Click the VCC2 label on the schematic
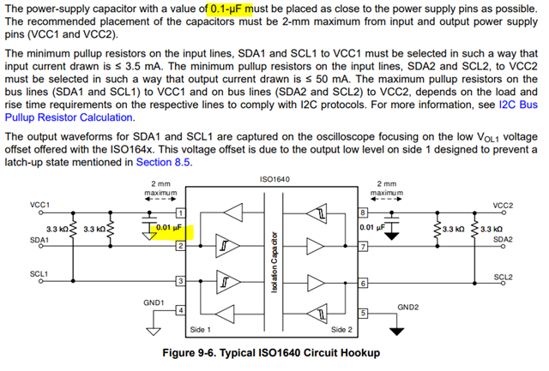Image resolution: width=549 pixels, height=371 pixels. [504, 206]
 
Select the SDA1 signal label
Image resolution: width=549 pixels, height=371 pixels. [39, 241]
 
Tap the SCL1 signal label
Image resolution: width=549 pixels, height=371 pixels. [39, 274]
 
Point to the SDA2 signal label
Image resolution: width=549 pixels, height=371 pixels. [504, 241]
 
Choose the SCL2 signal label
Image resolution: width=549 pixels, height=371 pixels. [504, 277]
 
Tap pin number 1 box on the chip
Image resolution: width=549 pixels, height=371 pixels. [180, 212]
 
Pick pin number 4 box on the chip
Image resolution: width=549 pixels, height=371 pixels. [180, 310]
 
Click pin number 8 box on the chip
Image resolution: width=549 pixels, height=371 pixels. [364, 212]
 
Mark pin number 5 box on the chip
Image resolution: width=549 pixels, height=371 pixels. [364, 314]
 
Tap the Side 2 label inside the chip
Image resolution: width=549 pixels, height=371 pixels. [341, 328]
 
